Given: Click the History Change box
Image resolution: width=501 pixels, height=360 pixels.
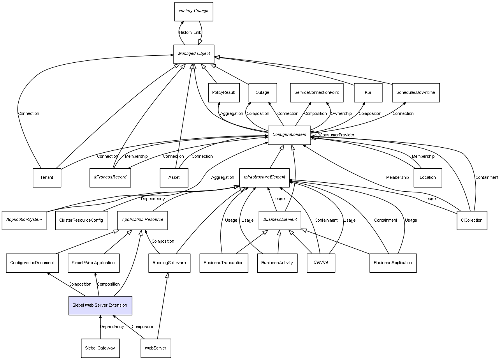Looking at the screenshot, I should point(193,11).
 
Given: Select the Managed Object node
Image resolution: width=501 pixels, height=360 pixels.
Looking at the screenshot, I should point(193,54).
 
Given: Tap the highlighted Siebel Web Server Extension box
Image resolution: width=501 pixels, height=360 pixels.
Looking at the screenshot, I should point(100,305).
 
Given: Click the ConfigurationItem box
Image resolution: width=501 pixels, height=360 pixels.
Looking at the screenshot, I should point(289,135).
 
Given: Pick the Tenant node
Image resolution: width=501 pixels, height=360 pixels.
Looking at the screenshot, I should point(47,178).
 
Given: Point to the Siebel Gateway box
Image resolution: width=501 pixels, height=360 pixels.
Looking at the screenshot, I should point(100,348).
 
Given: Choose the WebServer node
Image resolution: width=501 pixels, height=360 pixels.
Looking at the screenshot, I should point(155,348).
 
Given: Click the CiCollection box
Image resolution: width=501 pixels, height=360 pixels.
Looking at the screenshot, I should point(471,220).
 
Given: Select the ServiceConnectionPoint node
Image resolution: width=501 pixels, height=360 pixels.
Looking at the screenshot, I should point(316,93).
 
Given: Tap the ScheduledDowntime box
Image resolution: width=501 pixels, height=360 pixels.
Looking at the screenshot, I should point(415,93).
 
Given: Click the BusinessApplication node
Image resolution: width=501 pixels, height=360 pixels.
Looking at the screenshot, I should point(393,263).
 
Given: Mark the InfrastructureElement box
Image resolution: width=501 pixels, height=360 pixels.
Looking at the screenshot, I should point(264,177).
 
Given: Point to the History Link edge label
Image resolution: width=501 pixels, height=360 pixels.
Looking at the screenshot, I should point(190,33).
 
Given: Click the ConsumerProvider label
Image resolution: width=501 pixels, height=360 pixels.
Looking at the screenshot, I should point(337,135).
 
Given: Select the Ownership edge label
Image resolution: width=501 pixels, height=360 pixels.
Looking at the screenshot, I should point(341,114).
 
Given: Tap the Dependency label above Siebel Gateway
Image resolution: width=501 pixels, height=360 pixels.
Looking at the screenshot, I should point(112,326).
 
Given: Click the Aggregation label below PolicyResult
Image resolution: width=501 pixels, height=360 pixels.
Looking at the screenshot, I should point(232,114).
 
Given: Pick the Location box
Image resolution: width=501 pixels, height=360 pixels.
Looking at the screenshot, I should point(427,178).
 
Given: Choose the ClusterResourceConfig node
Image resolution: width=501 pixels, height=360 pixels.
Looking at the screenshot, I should point(81,220).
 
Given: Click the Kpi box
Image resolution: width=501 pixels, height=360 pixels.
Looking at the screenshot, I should point(368,93).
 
